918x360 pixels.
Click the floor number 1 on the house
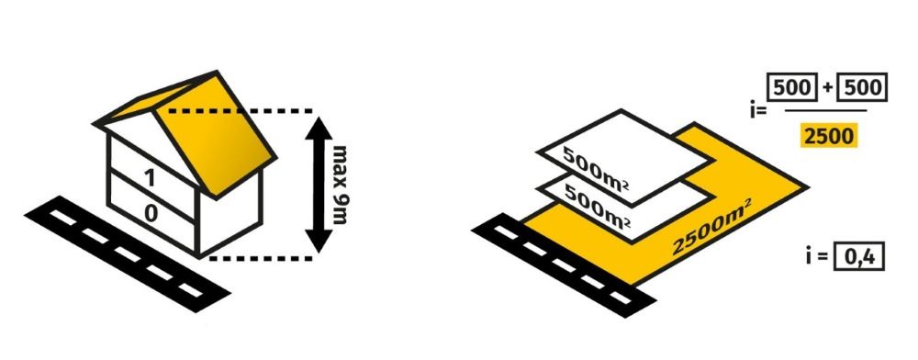(151, 176)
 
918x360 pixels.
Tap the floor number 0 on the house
(151, 213)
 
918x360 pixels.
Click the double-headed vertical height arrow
(319, 185)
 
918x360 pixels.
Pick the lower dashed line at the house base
(261, 257)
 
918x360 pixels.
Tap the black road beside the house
(127, 253)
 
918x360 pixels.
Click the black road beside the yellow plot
(564, 265)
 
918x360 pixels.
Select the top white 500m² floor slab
(626, 157)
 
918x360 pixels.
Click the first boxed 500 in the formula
(794, 88)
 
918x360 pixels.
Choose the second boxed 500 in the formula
(862, 88)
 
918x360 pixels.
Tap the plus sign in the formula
(827, 88)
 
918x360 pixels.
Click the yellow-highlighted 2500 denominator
(828, 137)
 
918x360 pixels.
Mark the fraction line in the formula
(825, 110)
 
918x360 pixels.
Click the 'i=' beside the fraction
(758, 107)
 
